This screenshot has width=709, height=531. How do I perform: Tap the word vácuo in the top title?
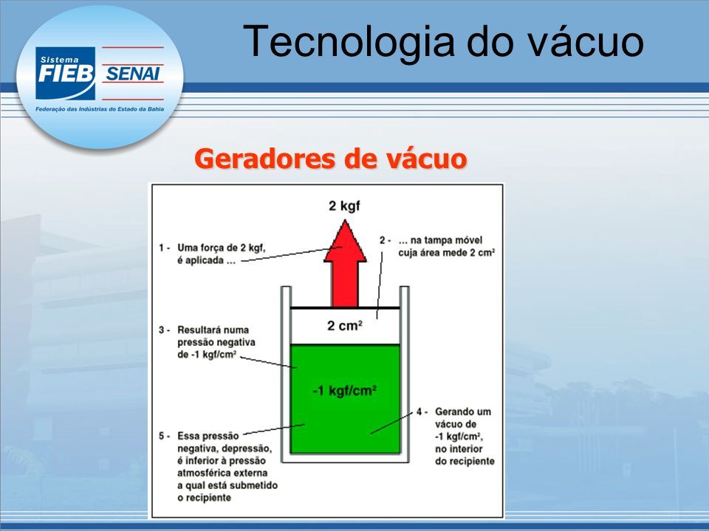coord(586,42)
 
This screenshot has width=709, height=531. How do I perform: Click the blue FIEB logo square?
coord(66,73)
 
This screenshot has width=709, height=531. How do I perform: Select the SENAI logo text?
coord(132,74)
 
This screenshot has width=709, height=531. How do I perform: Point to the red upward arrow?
coord(345,263)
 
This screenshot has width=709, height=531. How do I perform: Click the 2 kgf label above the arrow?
coord(345,206)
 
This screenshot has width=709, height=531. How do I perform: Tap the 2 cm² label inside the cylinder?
coord(345,325)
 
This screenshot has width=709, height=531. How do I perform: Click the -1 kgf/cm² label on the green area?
coord(345,390)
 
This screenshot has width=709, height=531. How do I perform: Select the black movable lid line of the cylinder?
coord(345,308)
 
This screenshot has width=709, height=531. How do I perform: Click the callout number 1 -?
coord(164,248)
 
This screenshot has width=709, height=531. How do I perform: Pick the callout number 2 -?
coord(385,240)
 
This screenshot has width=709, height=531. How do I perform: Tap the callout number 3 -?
coord(164,330)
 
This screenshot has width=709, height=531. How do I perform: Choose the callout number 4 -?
coord(422,412)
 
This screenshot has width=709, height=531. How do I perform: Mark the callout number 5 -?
coord(164,436)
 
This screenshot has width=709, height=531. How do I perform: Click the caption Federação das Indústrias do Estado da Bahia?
coord(100,109)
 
